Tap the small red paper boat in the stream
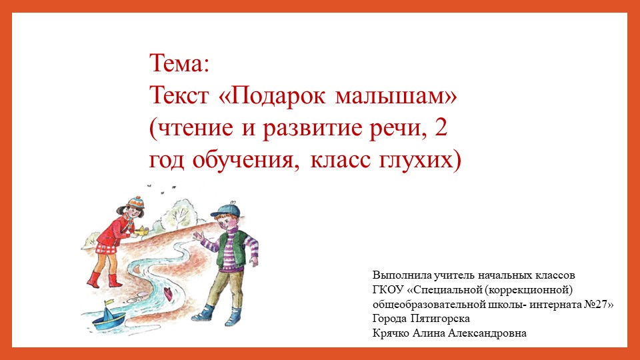point(168,292)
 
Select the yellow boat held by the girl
point(143,231)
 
